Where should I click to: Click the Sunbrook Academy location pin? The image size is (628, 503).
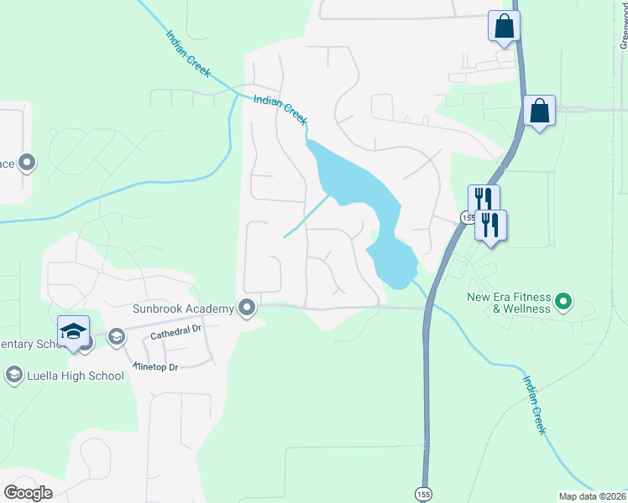click(x=247, y=308)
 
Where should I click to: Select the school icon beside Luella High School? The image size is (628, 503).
click(x=13, y=375)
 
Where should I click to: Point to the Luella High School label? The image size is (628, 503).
click(x=76, y=376)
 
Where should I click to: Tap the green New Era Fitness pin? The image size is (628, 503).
click(x=563, y=299)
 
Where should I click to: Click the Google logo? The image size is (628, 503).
click(x=28, y=492)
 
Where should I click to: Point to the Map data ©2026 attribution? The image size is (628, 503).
click(x=592, y=496)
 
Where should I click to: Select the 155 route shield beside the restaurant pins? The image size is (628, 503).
click(x=467, y=218)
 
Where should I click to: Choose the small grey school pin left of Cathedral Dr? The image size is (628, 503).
click(x=116, y=337)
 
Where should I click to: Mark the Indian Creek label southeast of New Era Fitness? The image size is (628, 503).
click(x=535, y=404)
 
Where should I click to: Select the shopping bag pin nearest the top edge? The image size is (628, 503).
click(x=504, y=26)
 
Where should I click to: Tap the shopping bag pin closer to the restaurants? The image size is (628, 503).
click(x=538, y=111)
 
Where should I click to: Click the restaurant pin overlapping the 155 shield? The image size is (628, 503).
click(x=483, y=200)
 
